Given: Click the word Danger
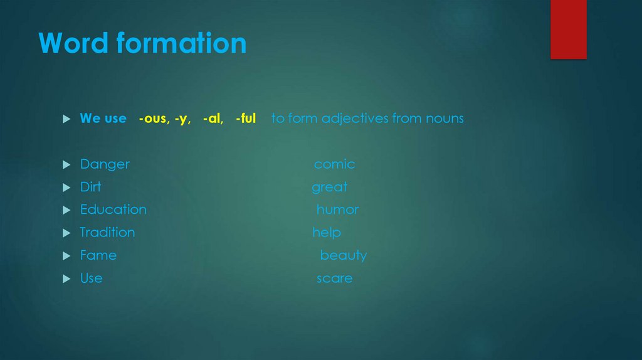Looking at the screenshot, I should (105, 164).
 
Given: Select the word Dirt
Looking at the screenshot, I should (90, 187).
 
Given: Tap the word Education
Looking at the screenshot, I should (113, 209).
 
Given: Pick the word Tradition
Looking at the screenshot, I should (107, 233).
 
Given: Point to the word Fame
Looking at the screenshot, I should (98, 255).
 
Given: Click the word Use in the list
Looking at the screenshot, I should (91, 278).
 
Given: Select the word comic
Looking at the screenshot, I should (334, 164).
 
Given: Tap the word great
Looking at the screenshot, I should (329, 188).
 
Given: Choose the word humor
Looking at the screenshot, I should (337, 209).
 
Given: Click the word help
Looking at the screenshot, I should (327, 233).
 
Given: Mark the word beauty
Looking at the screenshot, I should (343, 256).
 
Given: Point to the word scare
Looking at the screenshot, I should (334, 278).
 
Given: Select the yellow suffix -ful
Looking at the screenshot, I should (246, 118).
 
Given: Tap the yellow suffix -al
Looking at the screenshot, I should (213, 118).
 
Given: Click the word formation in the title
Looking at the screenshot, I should (181, 43).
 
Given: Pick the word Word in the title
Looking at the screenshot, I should (73, 43).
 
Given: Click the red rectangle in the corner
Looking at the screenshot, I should (568, 29).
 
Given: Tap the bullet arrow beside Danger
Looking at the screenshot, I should (66, 165).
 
